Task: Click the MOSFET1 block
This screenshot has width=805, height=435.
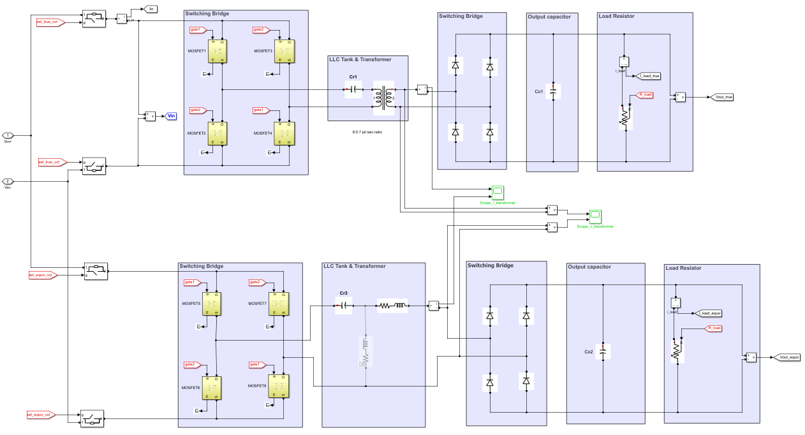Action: pyautogui.click(x=218, y=51)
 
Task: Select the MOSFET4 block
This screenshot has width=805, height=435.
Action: pyautogui.click(x=283, y=133)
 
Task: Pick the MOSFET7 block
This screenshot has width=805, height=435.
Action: pyautogui.click(x=279, y=304)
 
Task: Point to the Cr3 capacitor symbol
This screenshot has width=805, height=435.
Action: pyautogui.click(x=344, y=306)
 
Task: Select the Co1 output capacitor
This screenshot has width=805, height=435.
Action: pyautogui.click(x=553, y=91)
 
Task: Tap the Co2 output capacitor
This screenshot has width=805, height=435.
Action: pyautogui.click(x=603, y=351)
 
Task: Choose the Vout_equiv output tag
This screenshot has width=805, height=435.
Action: pyautogui.click(x=788, y=357)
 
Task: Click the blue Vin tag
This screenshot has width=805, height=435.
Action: pyautogui.click(x=171, y=116)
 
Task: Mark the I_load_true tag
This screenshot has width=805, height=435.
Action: pyautogui.click(x=649, y=76)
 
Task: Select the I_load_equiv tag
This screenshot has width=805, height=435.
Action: pyautogui.click(x=709, y=313)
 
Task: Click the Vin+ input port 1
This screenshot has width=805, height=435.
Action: pyautogui.click(x=8, y=135)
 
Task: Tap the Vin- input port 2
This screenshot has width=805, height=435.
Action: pyautogui.click(x=8, y=181)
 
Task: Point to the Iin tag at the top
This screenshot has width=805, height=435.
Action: pyautogui.click(x=151, y=8)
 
